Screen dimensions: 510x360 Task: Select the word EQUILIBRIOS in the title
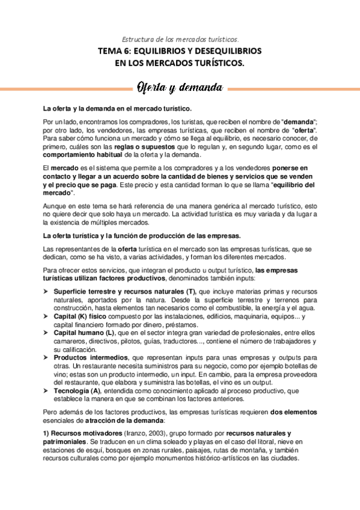click(171, 51)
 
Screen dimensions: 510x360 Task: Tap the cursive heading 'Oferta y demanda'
click(180, 88)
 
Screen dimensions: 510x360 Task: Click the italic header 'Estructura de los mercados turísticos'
click(180, 38)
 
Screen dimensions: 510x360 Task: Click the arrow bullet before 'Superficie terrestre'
click(45, 292)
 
